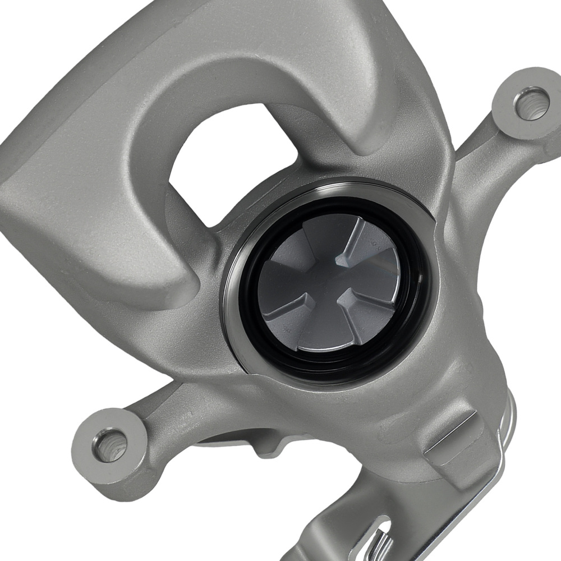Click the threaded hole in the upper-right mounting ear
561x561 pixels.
(530, 103)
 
